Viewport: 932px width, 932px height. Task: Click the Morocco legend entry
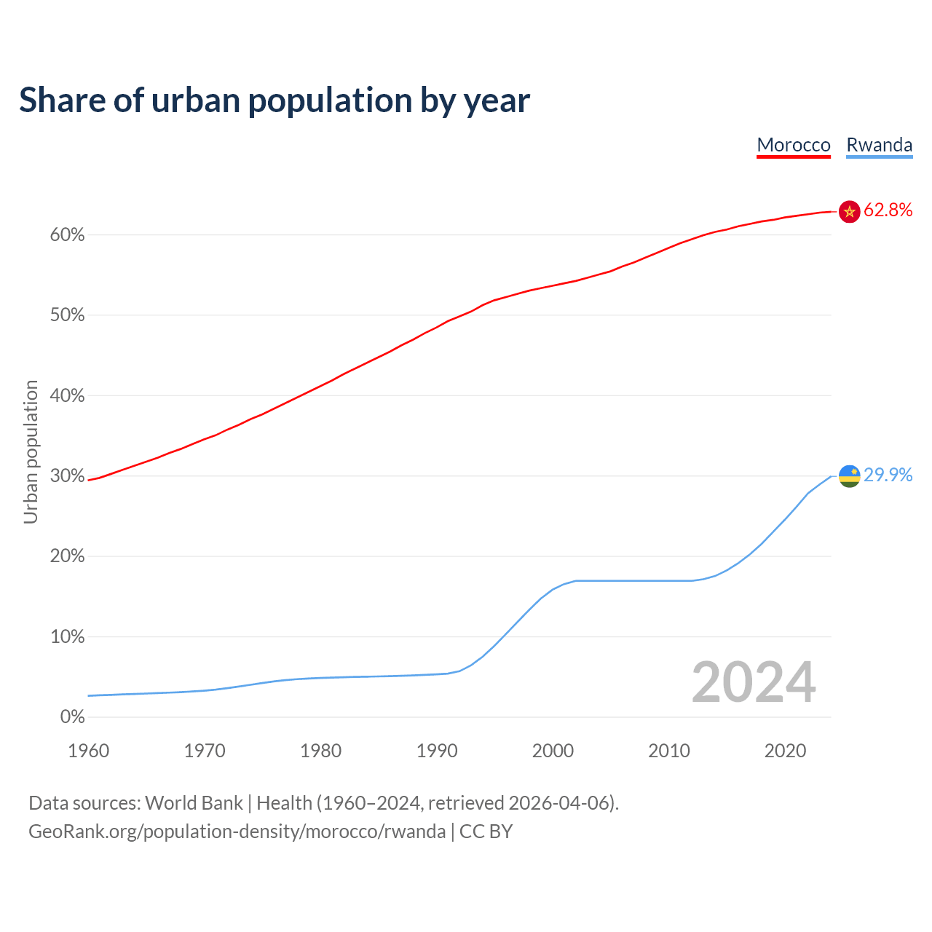pos(794,145)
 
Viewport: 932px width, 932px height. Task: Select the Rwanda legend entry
pos(879,145)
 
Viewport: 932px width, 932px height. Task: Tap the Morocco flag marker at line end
pos(850,211)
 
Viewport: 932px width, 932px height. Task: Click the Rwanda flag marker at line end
pos(850,476)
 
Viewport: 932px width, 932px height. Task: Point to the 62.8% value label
pos(888,210)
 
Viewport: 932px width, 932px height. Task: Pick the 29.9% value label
pos(888,475)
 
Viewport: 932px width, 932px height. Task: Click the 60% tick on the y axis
pos(68,235)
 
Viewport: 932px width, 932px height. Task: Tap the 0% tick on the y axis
pos(72,717)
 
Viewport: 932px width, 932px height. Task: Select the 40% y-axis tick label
pos(68,396)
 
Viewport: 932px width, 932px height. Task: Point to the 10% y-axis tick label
pos(68,637)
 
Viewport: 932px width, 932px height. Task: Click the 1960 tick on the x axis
pos(89,751)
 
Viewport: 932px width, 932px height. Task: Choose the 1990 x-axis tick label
pos(437,751)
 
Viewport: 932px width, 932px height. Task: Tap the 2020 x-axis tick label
pos(785,751)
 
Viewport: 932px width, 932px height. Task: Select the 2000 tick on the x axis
pos(553,751)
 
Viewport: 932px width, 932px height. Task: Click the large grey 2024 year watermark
pos(754,682)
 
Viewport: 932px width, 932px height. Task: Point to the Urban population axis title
pos(31,451)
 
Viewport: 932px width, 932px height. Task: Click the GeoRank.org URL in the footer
pos(237,832)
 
